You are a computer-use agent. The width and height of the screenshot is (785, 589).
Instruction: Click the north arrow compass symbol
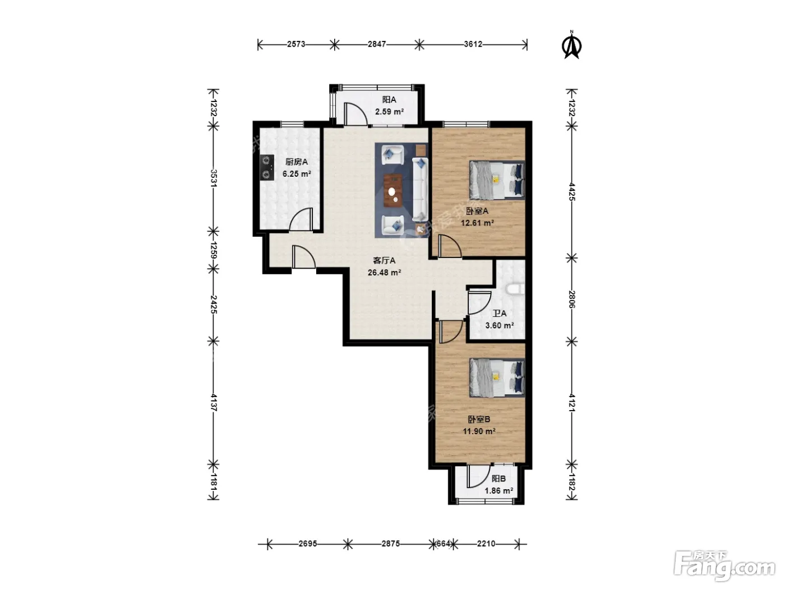[572, 45]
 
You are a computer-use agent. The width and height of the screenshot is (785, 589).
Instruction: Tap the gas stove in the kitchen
[266, 167]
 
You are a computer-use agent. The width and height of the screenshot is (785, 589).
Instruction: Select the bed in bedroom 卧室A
[497, 180]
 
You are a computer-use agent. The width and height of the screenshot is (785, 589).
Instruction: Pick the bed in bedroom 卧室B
[497, 378]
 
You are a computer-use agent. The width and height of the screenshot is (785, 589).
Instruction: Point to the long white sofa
[420, 189]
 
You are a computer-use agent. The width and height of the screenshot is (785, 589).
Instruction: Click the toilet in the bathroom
[516, 289]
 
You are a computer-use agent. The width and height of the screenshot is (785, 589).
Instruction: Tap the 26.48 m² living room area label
[384, 273]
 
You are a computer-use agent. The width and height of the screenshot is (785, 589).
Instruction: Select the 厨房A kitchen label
[297, 162]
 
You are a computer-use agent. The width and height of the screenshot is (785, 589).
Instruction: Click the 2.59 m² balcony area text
[389, 112]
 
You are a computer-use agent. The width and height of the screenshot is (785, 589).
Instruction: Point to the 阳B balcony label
[498, 478]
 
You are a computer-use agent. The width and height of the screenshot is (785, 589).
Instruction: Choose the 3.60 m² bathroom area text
[499, 325]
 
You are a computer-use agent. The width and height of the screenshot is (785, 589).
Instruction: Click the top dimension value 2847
[377, 44]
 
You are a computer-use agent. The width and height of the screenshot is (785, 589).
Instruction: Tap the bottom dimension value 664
[444, 544]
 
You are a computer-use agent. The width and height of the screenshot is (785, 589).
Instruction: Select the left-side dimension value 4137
[214, 403]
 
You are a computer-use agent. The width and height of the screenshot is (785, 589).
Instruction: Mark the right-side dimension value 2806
[572, 300]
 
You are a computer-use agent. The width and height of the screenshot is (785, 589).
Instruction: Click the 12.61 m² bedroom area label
[477, 223]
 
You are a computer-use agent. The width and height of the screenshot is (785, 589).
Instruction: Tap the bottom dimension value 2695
[308, 544]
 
